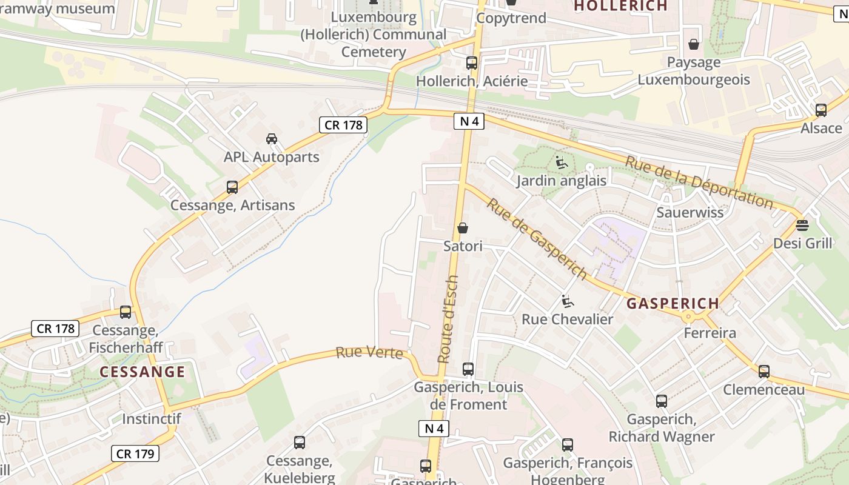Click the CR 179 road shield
point(135,453)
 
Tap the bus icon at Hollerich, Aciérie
point(471,63)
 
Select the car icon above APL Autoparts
point(272,139)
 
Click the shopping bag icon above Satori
point(463,228)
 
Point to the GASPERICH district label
point(673,303)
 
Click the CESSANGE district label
point(142,372)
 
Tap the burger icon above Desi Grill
point(802,226)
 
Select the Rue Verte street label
point(369,352)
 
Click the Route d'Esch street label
point(449,319)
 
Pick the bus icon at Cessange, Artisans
point(232,187)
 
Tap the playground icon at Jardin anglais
point(562,162)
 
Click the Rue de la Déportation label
point(699,182)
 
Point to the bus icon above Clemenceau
point(764,372)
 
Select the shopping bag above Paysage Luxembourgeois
point(694,44)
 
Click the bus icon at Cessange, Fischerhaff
point(126,312)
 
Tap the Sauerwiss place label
point(690,212)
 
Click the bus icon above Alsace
point(821,110)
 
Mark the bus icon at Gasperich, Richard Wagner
point(662,401)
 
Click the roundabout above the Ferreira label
point(688,316)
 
